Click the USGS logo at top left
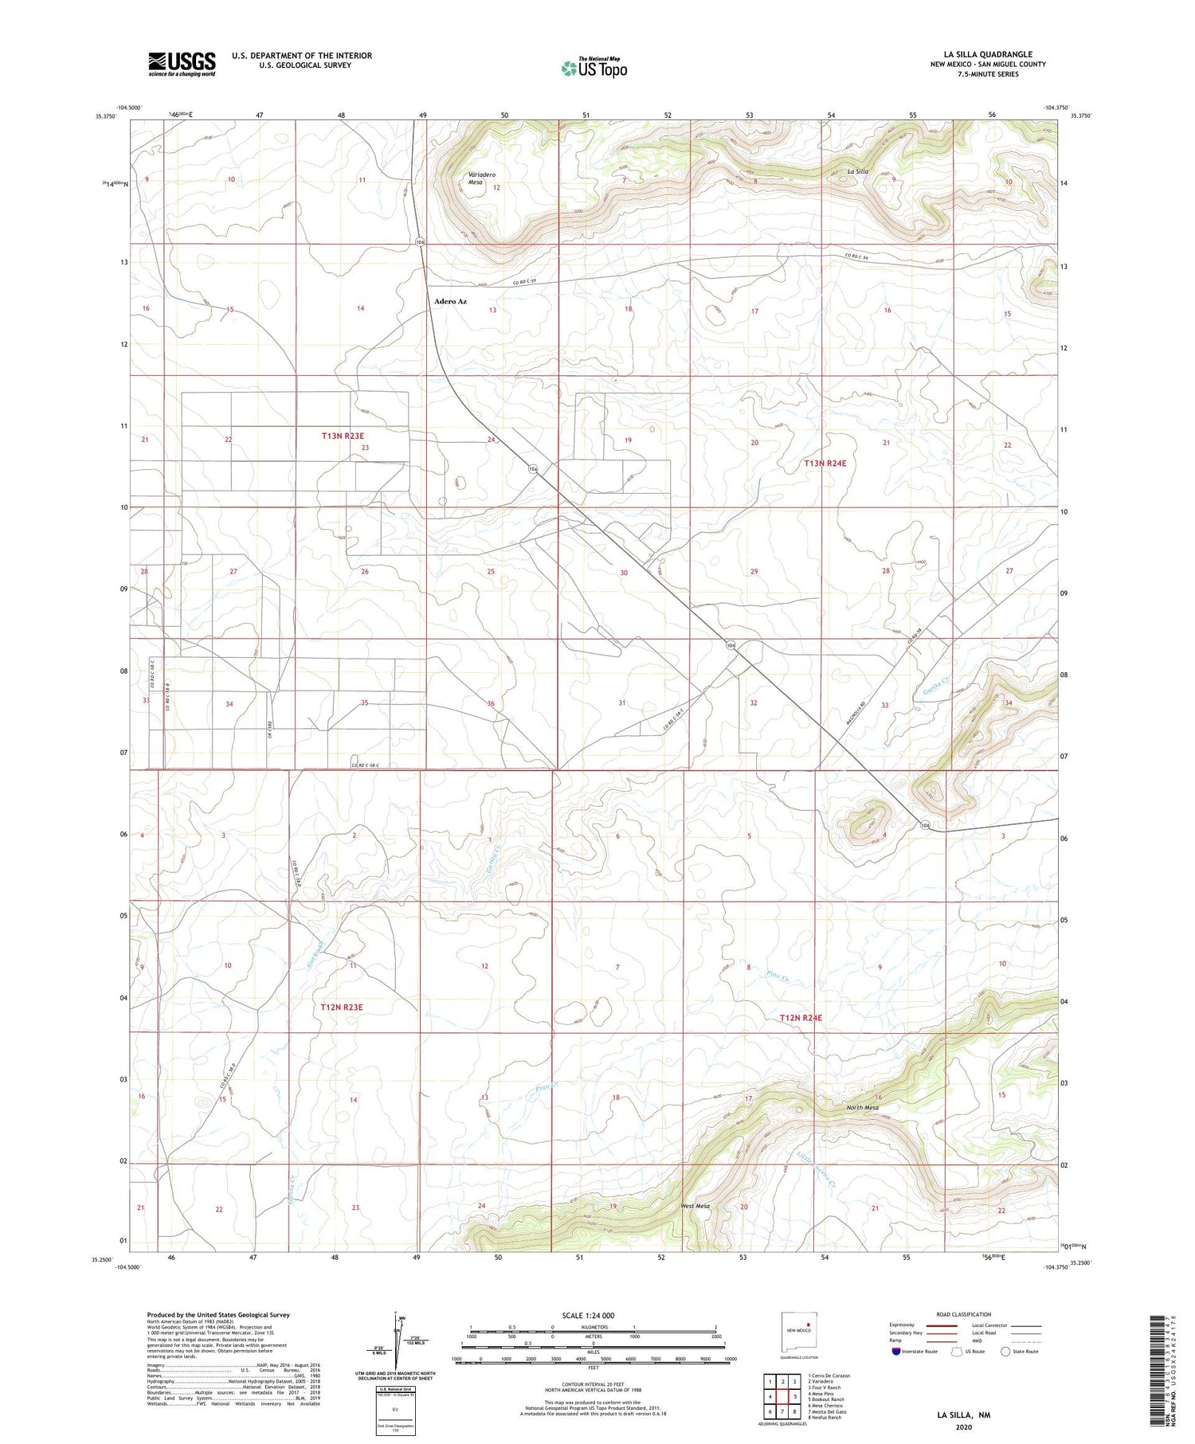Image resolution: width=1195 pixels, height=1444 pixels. [x=182, y=64]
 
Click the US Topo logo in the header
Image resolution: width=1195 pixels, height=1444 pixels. [x=594, y=68]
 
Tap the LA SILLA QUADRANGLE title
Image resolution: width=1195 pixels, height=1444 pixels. [x=988, y=54]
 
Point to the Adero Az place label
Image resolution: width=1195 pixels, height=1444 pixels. [x=450, y=302]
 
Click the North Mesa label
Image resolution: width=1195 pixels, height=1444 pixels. [x=863, y=1108]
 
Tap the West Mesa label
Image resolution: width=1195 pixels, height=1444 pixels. [x=695, y=1206]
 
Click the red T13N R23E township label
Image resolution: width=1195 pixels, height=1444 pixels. [x=343, y=436]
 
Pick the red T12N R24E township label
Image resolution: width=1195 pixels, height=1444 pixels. [x=801, y=1018]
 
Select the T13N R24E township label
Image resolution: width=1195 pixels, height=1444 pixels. [x=825, y=463]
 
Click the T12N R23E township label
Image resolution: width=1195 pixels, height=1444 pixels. [x=342, y=1007]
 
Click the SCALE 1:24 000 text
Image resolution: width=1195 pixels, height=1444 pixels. [x=588, y=1315]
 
